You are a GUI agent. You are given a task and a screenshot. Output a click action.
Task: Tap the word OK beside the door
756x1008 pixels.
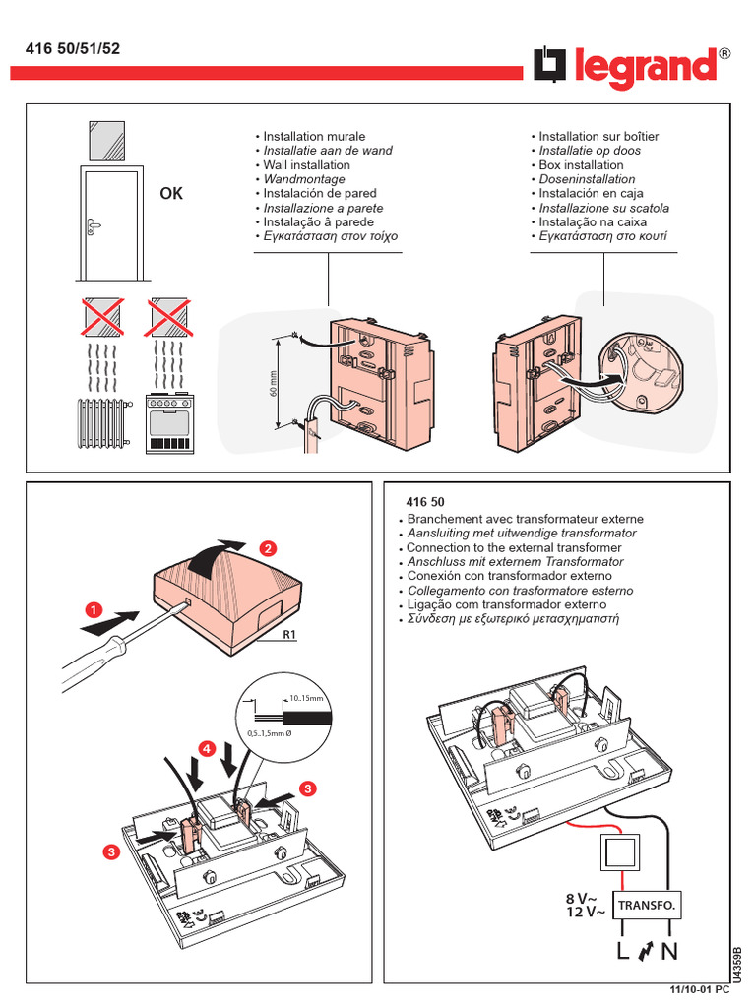tap(171, 194)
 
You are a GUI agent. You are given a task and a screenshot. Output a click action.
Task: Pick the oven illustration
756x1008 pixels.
tap(169, 424)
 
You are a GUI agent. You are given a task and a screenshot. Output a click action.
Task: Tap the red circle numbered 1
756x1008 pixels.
tap(94, 610)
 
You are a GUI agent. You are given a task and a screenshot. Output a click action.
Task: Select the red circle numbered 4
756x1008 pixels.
tap(206, 749)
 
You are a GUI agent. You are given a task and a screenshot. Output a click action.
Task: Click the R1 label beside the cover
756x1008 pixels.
tap(289, 635)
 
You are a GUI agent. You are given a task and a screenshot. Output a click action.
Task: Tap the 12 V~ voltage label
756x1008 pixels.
tap(586, 913)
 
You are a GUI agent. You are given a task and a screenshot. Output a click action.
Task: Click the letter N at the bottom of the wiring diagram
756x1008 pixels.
tap(670, 952)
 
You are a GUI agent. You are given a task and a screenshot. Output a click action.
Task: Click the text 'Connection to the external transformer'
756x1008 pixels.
tap(514, 547)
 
